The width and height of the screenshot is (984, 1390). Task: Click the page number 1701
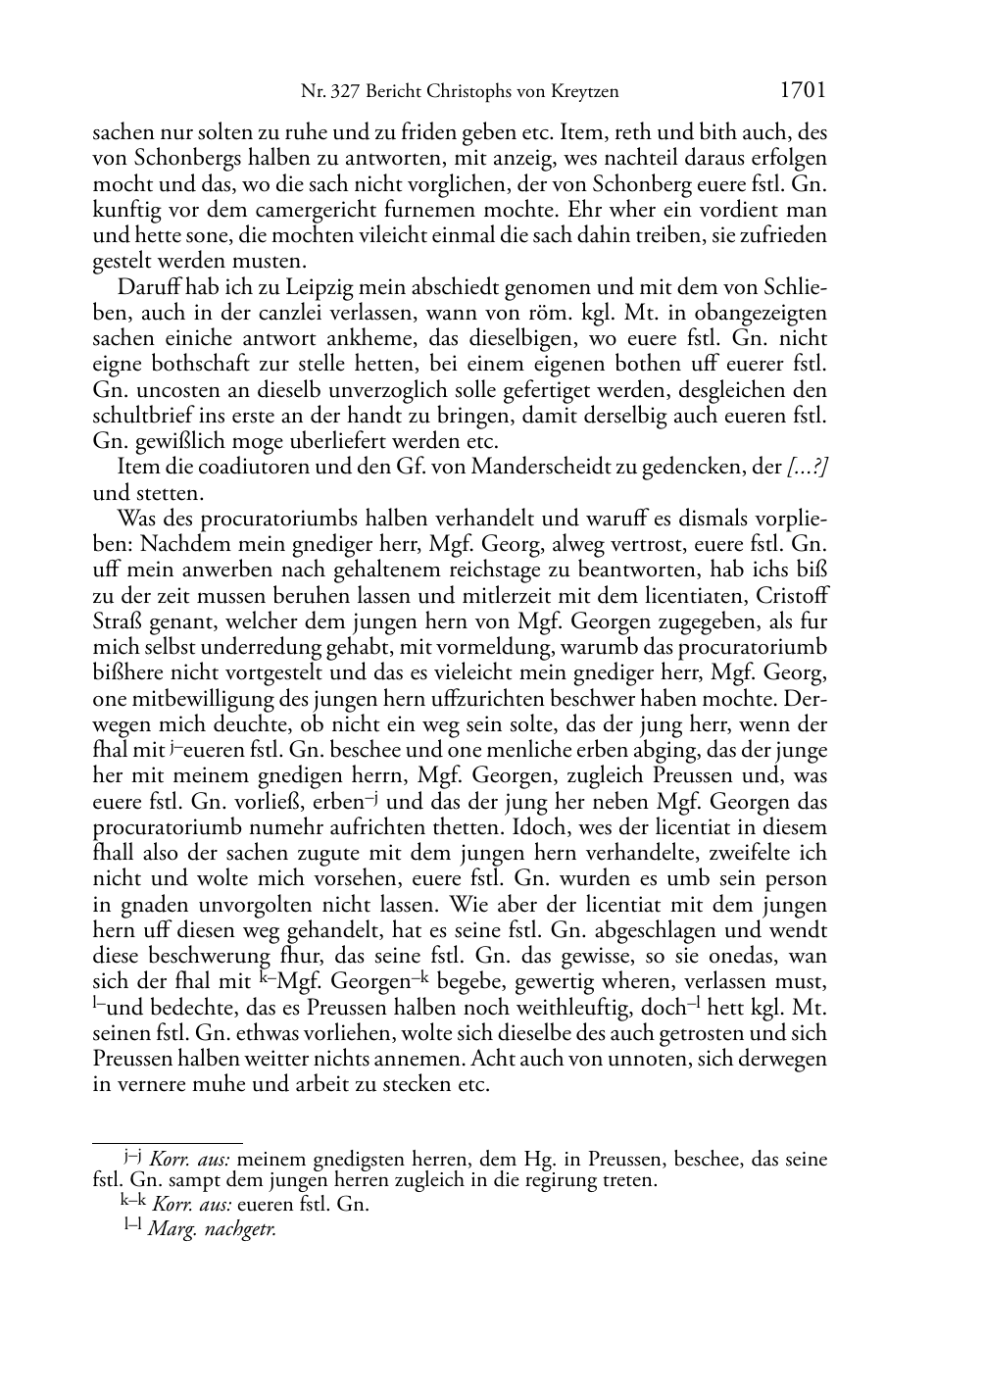click(803, 91)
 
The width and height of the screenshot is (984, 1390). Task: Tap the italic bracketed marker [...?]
click(808, 467)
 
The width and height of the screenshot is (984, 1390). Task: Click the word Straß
click(115, 621)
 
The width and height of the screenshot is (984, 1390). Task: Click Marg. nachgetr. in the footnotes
click(212, 1229)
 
